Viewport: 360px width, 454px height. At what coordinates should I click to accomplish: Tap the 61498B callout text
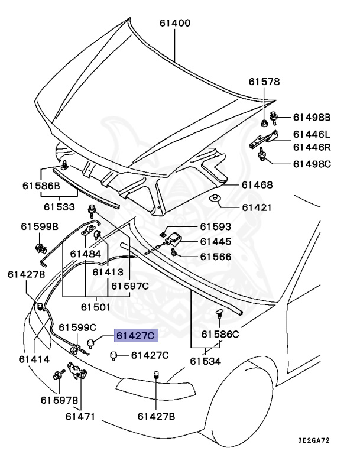[314, 117]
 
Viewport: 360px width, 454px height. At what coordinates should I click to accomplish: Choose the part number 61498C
[314, 163]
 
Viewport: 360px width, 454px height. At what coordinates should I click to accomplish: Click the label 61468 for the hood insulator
[257, 185]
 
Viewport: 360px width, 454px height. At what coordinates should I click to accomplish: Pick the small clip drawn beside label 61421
[216, 198]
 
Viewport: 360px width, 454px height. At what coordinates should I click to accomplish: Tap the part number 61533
[59, 207]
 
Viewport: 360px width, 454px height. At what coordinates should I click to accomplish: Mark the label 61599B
[40, 226]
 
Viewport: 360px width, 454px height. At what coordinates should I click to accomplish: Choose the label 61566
[215, 257]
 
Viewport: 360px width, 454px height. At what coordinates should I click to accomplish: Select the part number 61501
[96, 307]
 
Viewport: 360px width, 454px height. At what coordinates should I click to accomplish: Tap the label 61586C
[219, 334]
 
